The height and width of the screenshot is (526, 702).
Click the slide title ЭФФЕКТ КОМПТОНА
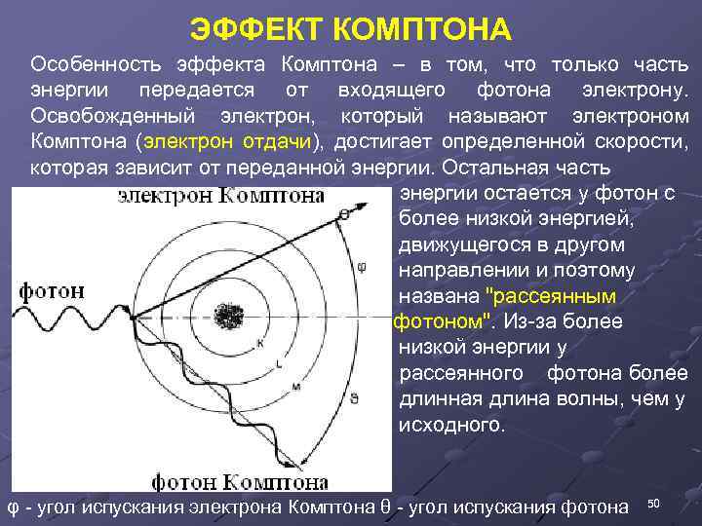coord(350,29)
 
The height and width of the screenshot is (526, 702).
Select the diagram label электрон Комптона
coord(221,197)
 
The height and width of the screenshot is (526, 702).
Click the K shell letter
coord(259,342)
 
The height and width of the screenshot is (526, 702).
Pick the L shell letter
coord(280,363)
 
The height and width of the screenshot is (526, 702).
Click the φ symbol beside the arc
coord(362,265)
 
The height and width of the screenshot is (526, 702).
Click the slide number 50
coord(654,503)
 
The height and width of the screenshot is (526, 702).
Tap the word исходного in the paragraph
coord(453,426)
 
